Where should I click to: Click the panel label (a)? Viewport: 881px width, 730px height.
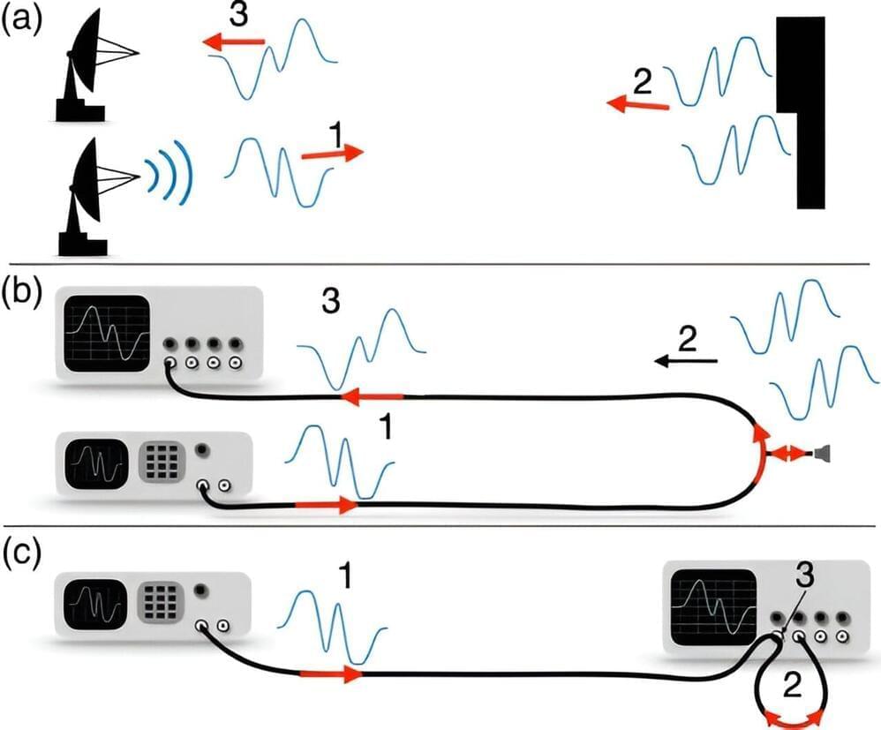click(22, 20)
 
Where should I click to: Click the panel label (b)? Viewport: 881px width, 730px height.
click(22, 292)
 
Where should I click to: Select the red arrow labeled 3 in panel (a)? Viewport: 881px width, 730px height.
click(233, 41)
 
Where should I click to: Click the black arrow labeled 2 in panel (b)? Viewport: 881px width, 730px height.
click(687, 361)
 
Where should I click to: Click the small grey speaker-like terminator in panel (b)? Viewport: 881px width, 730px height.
click(822, 454)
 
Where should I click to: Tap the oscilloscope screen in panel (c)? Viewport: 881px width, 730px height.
click(712, 606)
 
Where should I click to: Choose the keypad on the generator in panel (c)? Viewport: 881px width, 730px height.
click(162, 603)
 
